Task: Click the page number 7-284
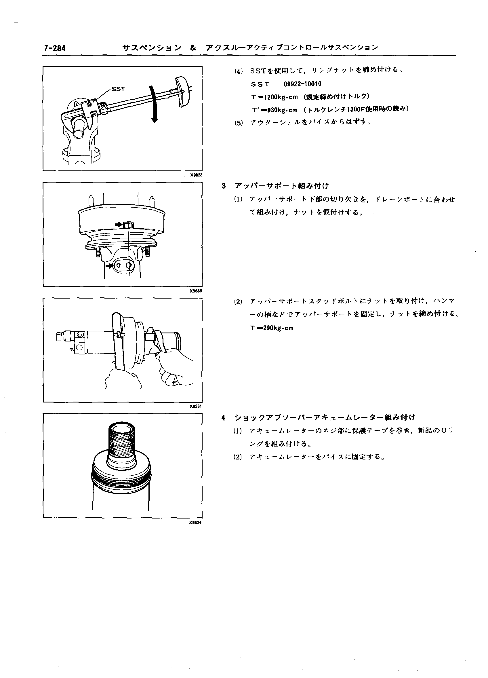(55, 48)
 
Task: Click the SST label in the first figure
(118, 89)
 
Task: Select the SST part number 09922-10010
(302, 84)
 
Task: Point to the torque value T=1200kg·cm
(274, 97)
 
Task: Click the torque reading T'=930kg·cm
(274, 110)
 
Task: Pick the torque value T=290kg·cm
(272, 328)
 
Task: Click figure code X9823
(196, 175)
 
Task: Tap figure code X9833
(196, 290)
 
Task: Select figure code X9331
(196, 406)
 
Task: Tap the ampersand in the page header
(193, 48)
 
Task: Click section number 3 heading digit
(224, 186)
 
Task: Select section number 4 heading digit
(224, 417)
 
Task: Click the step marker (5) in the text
(239, 123)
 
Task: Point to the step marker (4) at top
(239, 71)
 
